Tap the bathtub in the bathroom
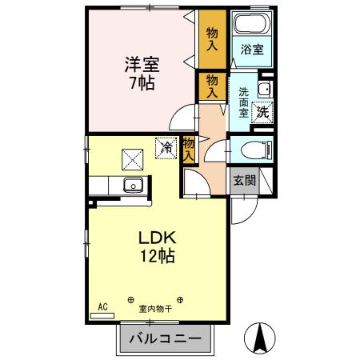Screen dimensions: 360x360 tap(252, 24)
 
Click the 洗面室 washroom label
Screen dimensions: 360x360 tap(243, 102)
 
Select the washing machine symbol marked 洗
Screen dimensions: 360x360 tap(262, 113)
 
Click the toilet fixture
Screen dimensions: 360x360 tap(254, 149)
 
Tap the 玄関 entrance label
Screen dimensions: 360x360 tap(244, 180)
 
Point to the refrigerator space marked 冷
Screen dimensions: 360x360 tap(167, 148)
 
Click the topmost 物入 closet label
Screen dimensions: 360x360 tap(212, 40)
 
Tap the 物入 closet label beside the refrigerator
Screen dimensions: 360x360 tap(189, 148)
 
